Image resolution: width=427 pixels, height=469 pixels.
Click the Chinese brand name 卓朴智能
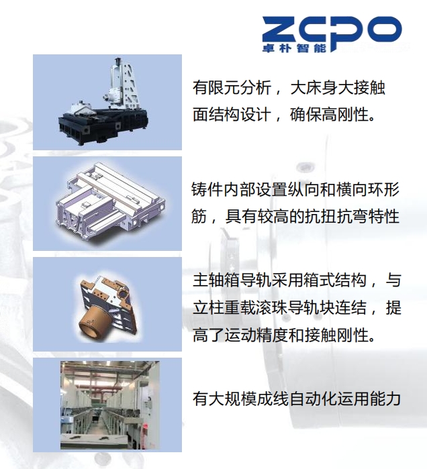click(x=294, y=48)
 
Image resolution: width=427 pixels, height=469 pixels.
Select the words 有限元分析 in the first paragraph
click(x=232, y=88)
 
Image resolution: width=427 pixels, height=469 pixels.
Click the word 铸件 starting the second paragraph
click(x=207, y=189)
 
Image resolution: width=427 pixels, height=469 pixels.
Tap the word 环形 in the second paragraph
click(x=384, y=189)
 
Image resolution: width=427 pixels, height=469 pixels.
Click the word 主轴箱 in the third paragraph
click(x=216, y=280)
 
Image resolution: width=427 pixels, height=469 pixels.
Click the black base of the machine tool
click(x=103, y=126)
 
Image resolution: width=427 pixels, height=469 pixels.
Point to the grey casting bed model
click(x=110, y=201)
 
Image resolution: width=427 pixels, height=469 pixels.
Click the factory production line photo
click(x=110, y=405)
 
